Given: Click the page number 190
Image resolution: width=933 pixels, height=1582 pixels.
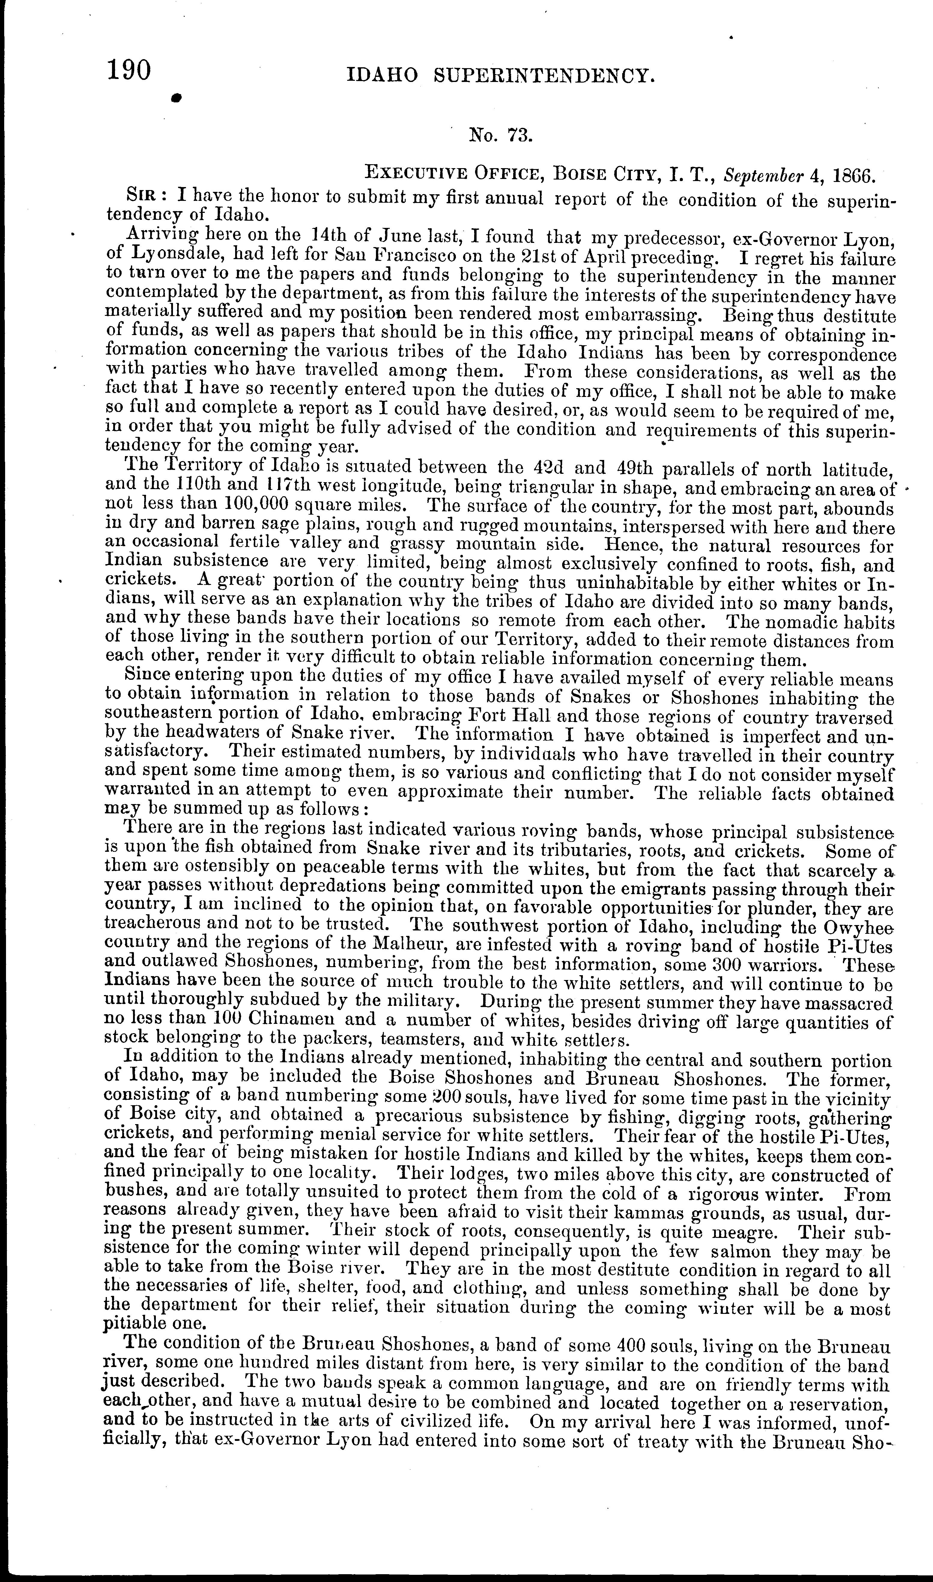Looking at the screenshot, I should tap(129, 70).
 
